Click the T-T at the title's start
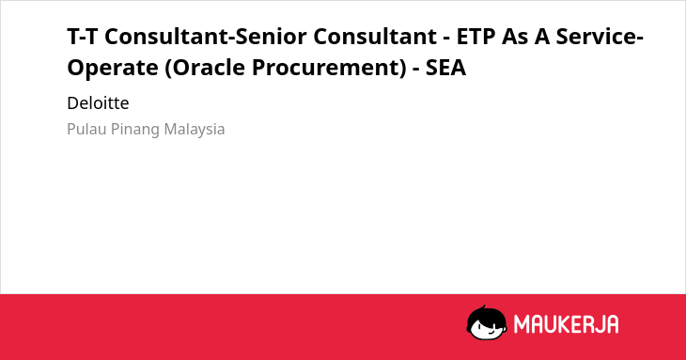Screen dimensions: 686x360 [x=83, y=37]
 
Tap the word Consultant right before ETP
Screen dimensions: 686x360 [x=375, y=37]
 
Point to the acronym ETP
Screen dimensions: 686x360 [x=476, y=37]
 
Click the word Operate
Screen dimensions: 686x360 [x=113, y=69]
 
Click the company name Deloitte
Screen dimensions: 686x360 [x=98, y=103]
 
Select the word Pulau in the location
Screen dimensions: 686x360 [x=86, y=129]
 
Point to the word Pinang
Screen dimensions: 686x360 [x=135, y=130]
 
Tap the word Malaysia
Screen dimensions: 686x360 [x=195, y=130]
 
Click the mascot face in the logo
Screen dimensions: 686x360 [x=487, y=322]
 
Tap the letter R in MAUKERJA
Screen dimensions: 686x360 [x=588, y=324]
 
